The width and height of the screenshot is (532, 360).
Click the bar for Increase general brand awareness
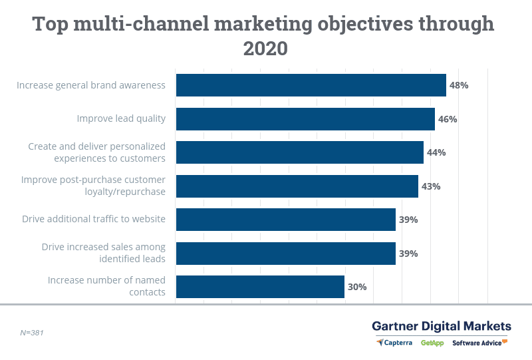311,85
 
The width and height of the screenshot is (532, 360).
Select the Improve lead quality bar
305,119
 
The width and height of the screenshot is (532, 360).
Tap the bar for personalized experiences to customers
299,152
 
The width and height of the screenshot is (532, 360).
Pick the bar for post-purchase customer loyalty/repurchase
297,186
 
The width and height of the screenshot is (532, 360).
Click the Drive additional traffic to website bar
285,220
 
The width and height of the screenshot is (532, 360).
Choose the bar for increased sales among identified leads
285,254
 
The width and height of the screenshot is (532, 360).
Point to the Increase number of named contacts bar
260,287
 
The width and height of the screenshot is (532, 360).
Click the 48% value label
459,85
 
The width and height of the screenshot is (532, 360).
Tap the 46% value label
448,119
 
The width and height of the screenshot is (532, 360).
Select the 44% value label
436,152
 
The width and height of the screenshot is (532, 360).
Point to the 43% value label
431,186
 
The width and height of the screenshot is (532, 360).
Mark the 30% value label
357,287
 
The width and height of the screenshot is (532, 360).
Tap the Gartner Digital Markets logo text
442,326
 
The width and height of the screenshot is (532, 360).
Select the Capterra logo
396,343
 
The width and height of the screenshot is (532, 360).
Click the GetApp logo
433,343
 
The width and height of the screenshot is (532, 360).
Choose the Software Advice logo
479,343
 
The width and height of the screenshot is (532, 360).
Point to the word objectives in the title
352,24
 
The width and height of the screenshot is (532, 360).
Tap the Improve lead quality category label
121,119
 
